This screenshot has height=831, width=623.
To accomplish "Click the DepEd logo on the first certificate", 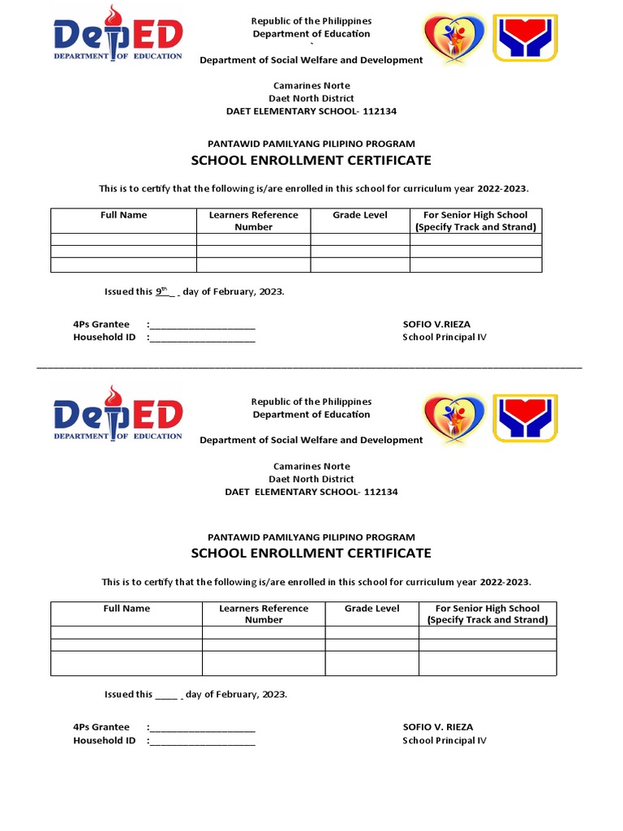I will click(118, 37).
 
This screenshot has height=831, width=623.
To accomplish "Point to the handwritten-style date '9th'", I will click(161, 291).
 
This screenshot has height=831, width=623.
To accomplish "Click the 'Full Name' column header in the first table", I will click(123, 215).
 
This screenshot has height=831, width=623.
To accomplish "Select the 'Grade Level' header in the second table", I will click(372, 608).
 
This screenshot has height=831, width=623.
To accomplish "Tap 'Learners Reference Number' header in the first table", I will click(253, 221).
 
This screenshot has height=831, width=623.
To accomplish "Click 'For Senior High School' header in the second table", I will click(488, 608).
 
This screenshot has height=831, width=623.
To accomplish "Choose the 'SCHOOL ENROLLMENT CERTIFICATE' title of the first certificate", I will click(311, 161).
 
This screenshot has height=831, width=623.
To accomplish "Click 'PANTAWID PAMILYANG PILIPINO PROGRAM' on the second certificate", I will click(311, 536).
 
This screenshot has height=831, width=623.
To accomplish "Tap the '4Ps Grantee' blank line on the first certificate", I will click(203, 325).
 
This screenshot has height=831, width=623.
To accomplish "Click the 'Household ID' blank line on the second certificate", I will click(203, 742).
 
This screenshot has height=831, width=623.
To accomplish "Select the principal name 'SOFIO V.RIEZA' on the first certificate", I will click(436, 324).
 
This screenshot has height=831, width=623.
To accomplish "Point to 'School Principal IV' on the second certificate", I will click(445, 740).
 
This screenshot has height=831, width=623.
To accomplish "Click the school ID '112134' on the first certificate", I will click(380, 111).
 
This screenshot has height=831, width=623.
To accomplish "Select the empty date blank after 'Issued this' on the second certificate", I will click(165, 695).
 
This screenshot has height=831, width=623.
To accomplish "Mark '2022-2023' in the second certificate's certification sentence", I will click(504, 582).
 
